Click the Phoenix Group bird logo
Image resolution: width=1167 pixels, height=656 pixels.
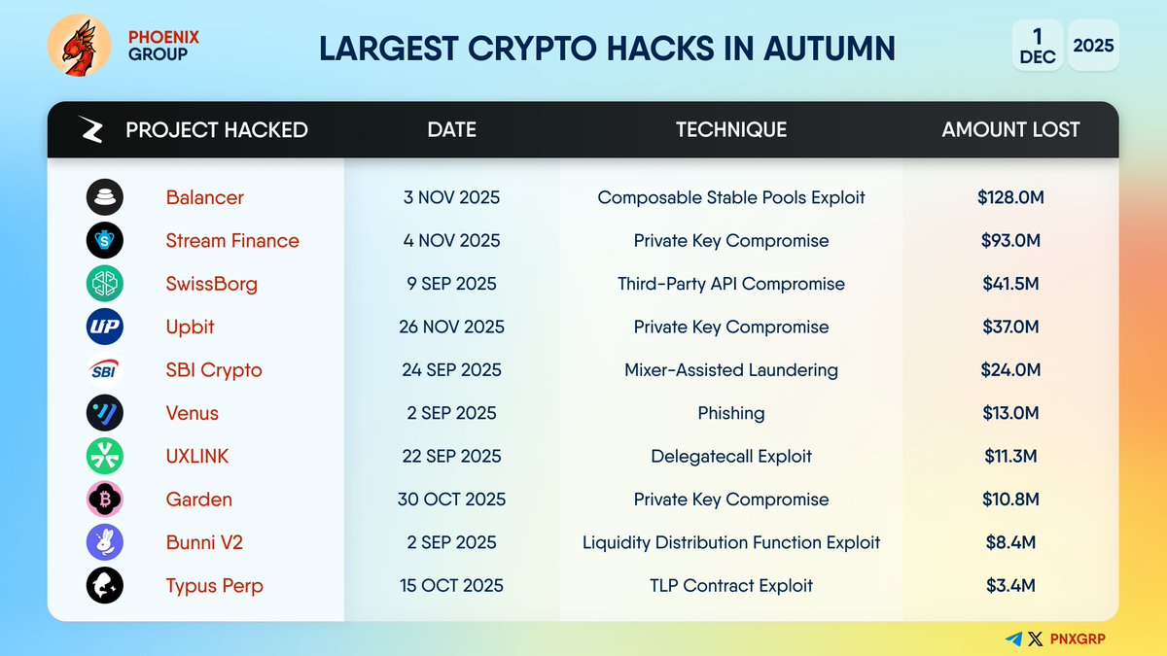(x=79, y=46)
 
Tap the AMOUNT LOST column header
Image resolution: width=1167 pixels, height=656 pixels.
(x=1010, y=129)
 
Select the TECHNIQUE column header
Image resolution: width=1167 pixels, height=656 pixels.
(x=731, y=129)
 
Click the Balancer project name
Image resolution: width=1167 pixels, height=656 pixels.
(x=205, y=197)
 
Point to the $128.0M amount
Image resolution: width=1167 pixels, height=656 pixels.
(x=1010, y=197)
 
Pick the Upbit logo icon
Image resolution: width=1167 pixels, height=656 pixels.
(x=104, y=327)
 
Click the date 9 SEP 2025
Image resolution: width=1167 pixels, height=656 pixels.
(x=452, y=284)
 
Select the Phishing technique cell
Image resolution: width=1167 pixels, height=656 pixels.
(x=731, y=413)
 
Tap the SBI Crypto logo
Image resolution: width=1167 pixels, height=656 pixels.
(x=104, y=370)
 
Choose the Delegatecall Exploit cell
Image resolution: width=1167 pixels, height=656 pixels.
(x=731, y=456)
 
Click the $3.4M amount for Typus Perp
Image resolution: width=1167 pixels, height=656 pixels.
(x=1010, y=585)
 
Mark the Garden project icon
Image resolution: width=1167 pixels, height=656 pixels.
(x=104, y=500)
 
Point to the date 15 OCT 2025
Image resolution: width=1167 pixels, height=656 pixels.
(x=452, y=585)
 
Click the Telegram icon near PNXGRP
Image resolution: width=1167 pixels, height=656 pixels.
(x=1014, y=639)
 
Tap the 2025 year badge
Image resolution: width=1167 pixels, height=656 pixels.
(x=1093, y=46)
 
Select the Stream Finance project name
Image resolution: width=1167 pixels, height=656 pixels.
(x=232, y=240)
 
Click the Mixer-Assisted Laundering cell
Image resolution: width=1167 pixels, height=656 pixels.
(x=731, y=370)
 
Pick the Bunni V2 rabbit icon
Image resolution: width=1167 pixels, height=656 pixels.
(x=104, y=542)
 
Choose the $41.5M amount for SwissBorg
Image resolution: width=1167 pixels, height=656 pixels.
(x=1010, y=284)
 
